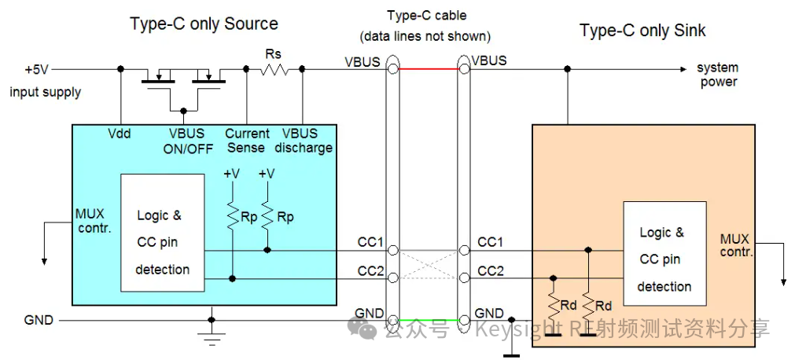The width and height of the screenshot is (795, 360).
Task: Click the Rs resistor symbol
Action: (274, 69)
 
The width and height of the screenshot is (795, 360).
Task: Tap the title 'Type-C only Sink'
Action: (642, 31)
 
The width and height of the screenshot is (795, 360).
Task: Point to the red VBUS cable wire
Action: (429, 69)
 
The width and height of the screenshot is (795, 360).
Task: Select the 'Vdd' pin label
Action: (119, 134)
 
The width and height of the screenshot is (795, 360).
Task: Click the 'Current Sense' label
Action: (247, 141)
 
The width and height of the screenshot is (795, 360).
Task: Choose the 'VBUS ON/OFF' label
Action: (186, 141)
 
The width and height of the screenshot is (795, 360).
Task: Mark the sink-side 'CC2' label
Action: (491, 271)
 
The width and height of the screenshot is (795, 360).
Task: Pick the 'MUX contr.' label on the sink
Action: (736, 244)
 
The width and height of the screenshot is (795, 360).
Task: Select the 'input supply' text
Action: (45, 92)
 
